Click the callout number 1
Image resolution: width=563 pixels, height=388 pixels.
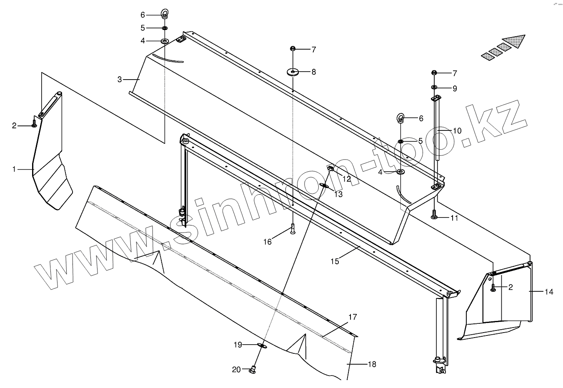click(x=14, y=169)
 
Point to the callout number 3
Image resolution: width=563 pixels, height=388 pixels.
click(x=120, y=79)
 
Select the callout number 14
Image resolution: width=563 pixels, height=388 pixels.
click(x=549, y=292)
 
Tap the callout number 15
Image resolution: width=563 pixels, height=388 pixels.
click(x=335, y=261)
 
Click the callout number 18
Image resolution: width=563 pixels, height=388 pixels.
click(x=372, y=364)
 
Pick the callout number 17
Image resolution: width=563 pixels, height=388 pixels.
click(x=353, y=317)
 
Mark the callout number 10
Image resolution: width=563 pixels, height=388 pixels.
click(x=457, y=130)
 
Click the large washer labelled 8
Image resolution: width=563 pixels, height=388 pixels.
click(x=293, y=72)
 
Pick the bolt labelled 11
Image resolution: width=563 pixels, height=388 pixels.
click(x=434, y=215)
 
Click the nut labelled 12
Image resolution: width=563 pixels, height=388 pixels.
click(x=330, y=168)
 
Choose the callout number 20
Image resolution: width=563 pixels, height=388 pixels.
click(x=236, y=369)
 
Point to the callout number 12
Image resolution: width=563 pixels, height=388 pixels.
click(x=347, y=179)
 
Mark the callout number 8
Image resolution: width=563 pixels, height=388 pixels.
click(x=313, y=72)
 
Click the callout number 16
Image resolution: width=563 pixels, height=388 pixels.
click(x=267, y=241)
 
